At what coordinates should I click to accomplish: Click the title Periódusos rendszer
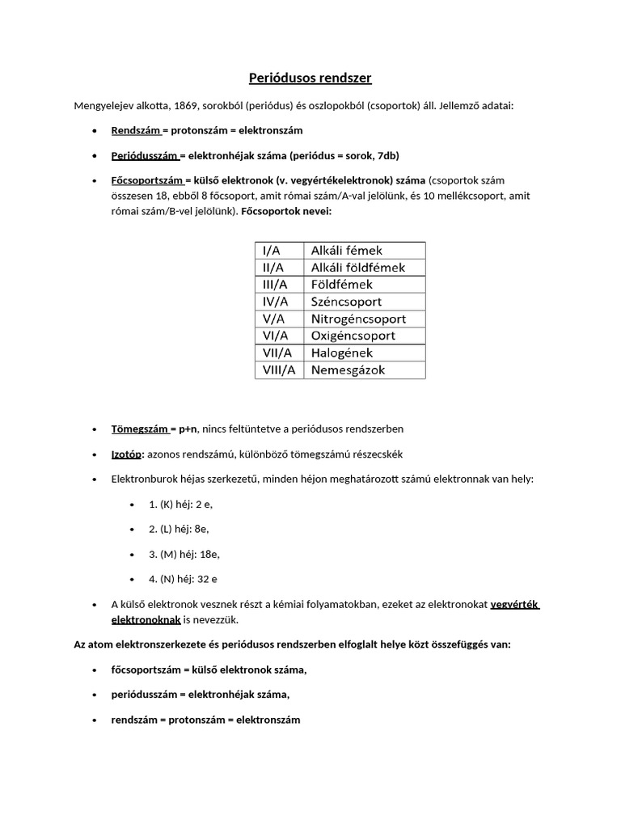coord(310,78)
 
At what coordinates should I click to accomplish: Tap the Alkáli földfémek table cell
coord(358,268)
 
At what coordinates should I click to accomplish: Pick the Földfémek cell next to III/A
coord(342,285)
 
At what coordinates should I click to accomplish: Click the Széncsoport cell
coord(346,302)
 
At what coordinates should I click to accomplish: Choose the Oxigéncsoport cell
coord(353,336)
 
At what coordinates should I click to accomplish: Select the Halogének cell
coord(343,353)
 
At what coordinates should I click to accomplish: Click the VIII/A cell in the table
coord(278,370)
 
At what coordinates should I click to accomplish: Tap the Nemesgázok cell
coord(348,370)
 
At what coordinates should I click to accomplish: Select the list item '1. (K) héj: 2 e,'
coord(181,504)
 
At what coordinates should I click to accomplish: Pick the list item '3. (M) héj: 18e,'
coord(184,554)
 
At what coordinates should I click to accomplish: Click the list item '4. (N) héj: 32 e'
coord(183,579)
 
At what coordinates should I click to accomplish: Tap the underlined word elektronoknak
coord(146,620)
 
